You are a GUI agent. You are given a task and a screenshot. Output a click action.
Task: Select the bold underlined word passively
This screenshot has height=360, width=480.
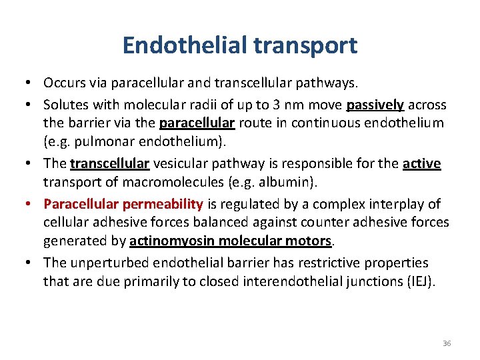(x=375, y=105)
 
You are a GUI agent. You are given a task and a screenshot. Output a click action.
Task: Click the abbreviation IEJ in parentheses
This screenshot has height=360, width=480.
(x=419, y=281)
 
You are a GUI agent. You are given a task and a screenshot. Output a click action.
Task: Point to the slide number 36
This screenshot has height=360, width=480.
(x=447, y=343)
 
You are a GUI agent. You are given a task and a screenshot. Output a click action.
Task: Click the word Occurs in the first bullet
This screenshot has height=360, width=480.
(x=63, y=83)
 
